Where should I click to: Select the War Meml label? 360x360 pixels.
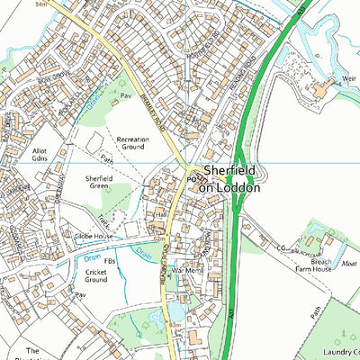click(190, 270)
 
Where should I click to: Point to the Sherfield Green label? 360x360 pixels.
click(104, 183)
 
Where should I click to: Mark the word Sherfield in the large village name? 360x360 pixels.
click(230, 170)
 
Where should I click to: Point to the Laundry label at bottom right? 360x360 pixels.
click(338, 352)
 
